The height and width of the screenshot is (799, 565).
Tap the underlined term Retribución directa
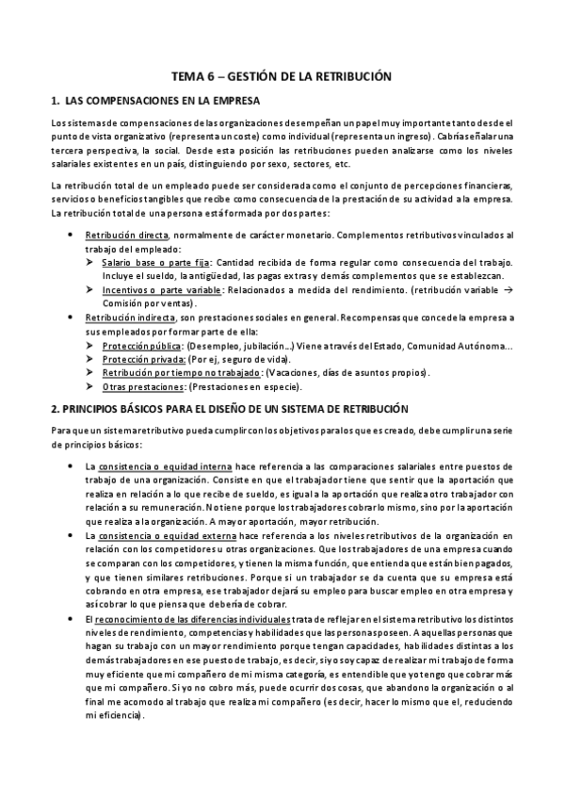[x=127, y=235]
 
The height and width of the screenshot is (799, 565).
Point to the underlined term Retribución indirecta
[x=131, y=318]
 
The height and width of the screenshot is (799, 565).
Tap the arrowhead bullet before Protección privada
[x=90, y=360]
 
